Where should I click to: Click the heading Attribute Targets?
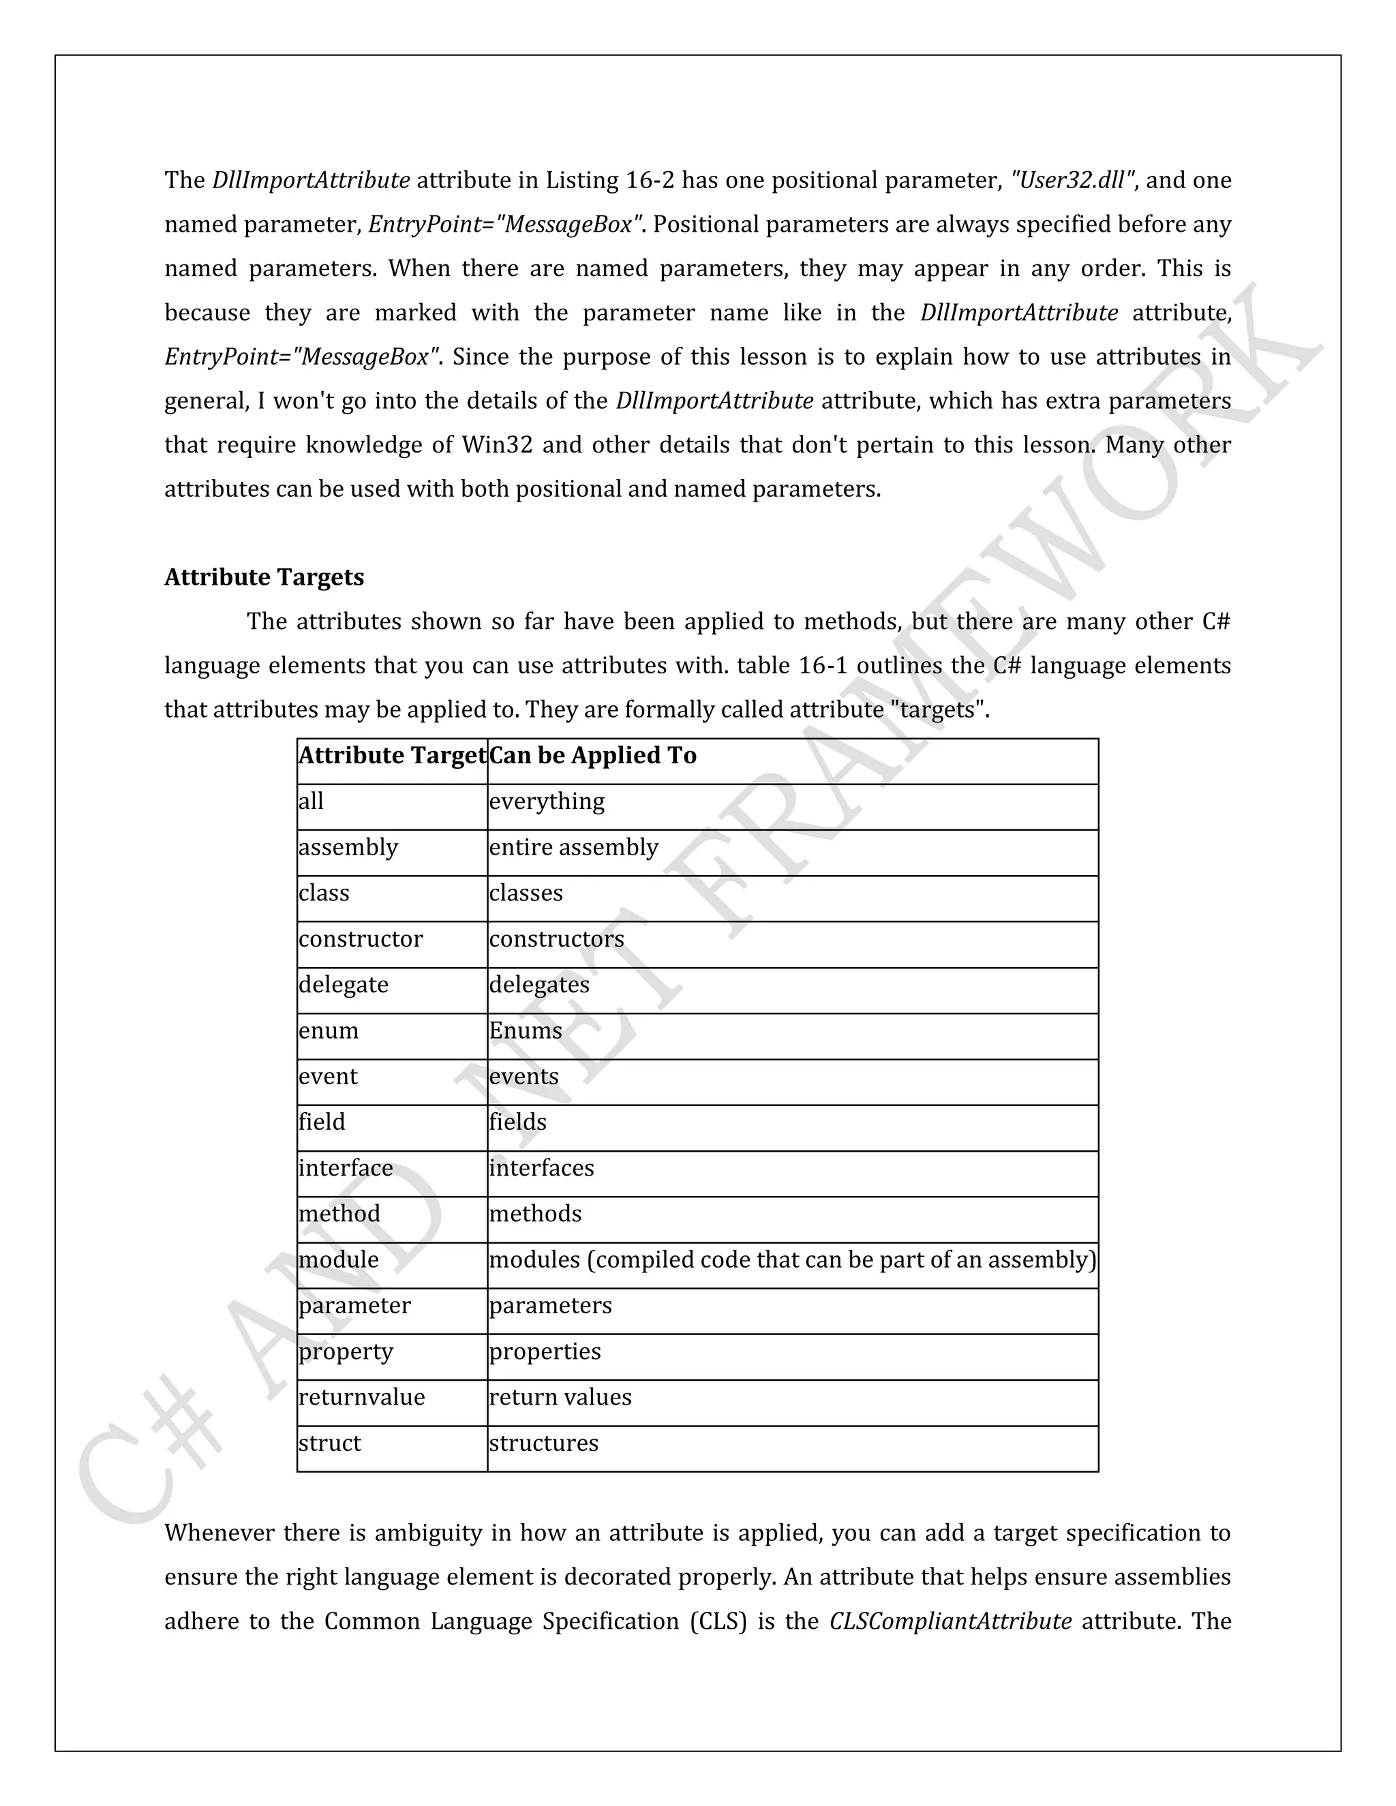[x=264, y=577]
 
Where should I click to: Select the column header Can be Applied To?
[x=593, y=756]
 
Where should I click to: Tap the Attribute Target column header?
[x=392, y=756]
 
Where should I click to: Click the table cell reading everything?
[x=547, y=801]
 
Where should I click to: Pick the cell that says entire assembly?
[x=573, y=848]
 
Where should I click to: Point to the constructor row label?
[x=361, y=939]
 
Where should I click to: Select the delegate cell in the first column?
[x=344, y=985]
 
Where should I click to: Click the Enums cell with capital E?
[x=525, y=1031]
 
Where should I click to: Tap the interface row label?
[x=346, y=1168]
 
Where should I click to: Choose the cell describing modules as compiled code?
[x=791, y=1260]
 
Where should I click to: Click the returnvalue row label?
[x=361, y=1398]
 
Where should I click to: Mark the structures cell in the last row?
[x=543, y=1444]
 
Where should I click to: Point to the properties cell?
[x=545, y=1352]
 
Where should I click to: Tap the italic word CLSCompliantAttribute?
[x=950, y=1621]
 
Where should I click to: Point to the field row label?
[x=322, y=1123]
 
